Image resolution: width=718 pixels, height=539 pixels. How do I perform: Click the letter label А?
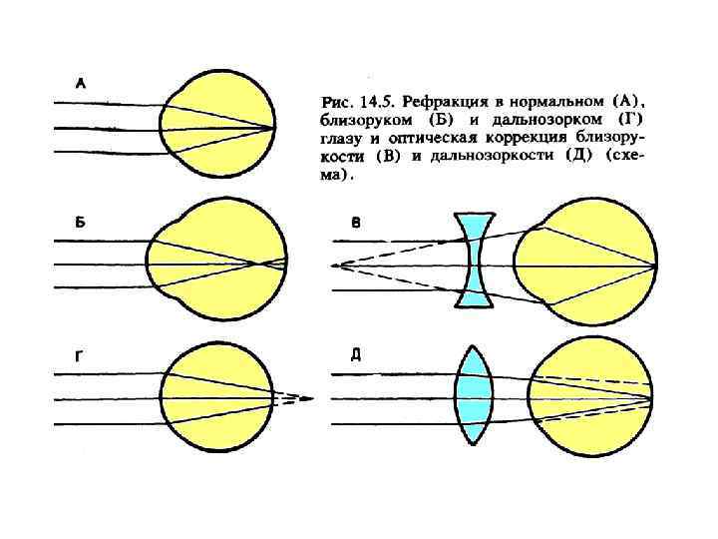pyautogui.click(x=81, y=85)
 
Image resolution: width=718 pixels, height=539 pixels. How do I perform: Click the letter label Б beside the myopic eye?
pyautogui.click(x=81, y=223)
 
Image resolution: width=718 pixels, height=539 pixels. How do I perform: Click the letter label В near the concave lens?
pyautogui.click(x=355, y=223)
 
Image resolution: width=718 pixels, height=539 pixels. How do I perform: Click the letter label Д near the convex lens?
pyautogui.click(x=355, y=354)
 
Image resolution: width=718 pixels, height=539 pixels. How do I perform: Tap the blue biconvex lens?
pyautogui.click(x=476, y=393)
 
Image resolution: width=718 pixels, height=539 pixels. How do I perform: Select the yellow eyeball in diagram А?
pyautogui.click(x=219, y=128)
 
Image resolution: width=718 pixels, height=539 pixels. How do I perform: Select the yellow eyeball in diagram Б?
pyautogui.click(x=217, y=265)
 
